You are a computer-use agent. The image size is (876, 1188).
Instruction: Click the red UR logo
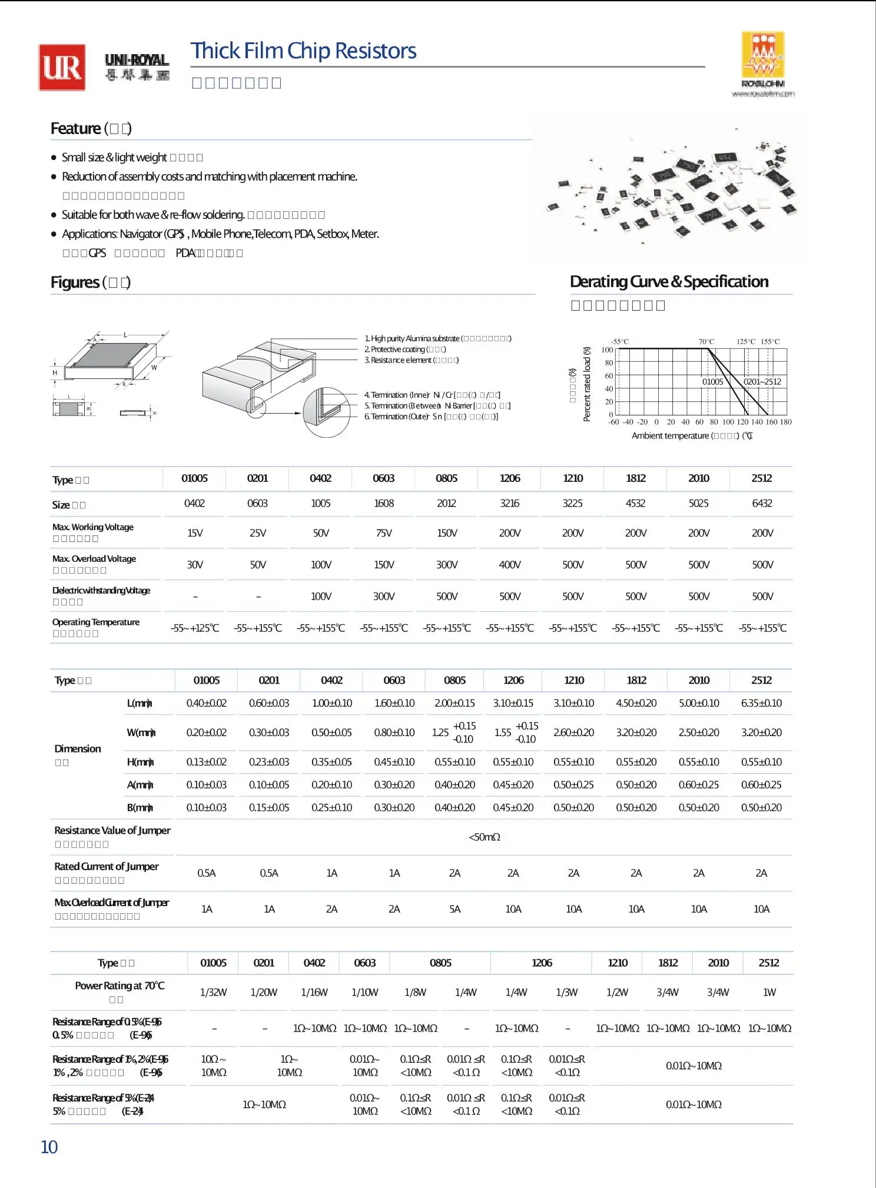[x=62, y=68]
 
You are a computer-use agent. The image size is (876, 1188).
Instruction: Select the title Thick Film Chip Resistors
[x=303, y=51]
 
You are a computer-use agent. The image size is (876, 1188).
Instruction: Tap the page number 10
[x=49, y=1147]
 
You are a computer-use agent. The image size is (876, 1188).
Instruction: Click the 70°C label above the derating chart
[x=706, y=342]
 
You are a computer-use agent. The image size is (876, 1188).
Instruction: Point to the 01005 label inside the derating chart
[x=712, y=382]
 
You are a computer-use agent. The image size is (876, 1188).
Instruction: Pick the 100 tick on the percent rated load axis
[x=607, y=350]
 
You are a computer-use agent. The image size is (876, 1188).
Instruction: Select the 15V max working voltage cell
[x=195, y=533]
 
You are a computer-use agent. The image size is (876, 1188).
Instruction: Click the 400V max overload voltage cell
[x=510, y=565]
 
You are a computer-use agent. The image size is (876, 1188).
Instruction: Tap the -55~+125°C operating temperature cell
[x=195, y=628]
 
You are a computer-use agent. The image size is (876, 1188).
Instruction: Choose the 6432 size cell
[x=762, y=504]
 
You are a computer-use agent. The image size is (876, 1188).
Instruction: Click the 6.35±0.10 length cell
[x=762, y=703]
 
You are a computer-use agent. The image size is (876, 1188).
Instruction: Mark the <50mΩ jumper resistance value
[x=484, y=837]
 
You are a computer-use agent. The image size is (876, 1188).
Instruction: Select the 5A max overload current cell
[x=455, y=909]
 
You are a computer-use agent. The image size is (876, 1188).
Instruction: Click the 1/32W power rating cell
[x=213, y=993]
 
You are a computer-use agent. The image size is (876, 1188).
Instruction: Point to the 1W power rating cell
[x=769, y=993]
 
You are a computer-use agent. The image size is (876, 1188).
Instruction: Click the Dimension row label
[x=78, y=749]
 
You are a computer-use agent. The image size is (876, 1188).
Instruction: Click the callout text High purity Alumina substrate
[x=415, y=339]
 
